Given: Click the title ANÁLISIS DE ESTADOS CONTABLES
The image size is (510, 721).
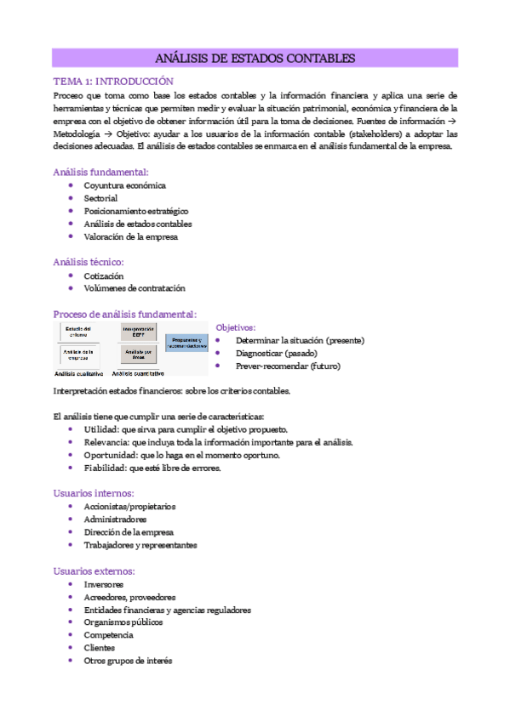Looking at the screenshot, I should click(x=255, y=59).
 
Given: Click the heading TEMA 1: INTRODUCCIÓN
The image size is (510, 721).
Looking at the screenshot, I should click(x=112, y=82).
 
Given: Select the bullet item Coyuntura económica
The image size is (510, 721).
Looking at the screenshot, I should click(x=124, y=185).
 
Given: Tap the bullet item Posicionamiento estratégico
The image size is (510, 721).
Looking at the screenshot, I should click(x=135, y=211).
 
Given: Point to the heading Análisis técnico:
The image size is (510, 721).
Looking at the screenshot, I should click(x=89, y=262).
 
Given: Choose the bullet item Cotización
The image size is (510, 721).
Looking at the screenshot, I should click(x=103, y=276).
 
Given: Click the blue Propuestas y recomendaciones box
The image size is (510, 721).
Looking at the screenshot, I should click(x=186, y=343).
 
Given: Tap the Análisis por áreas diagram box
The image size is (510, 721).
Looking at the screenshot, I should click(x=138, y=354).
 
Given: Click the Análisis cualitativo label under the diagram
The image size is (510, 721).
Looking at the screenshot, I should click(x=79, y=373).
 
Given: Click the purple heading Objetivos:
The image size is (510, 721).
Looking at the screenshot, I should click(x=236, y=327).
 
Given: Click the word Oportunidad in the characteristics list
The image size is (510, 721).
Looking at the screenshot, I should click(x=105, y=455).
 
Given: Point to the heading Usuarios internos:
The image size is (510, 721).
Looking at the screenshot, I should click(x=93, y=492).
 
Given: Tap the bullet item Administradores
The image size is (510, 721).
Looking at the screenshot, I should click(x=115, y=519).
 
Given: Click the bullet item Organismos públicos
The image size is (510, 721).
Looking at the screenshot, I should click(x=123, y=622).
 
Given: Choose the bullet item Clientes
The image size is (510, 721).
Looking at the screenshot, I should click(x=99, y=648).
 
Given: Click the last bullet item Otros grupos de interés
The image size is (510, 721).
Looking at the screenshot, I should click(x=128, y=661).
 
